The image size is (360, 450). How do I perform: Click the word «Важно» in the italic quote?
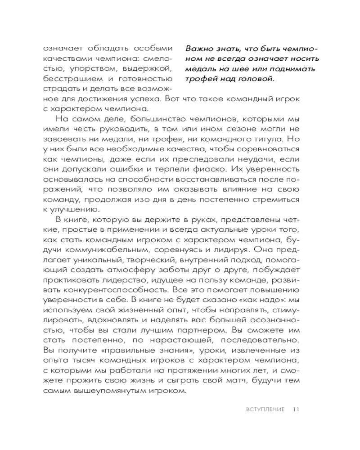tap(198, 49)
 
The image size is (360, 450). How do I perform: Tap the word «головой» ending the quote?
tap(256, 79)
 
